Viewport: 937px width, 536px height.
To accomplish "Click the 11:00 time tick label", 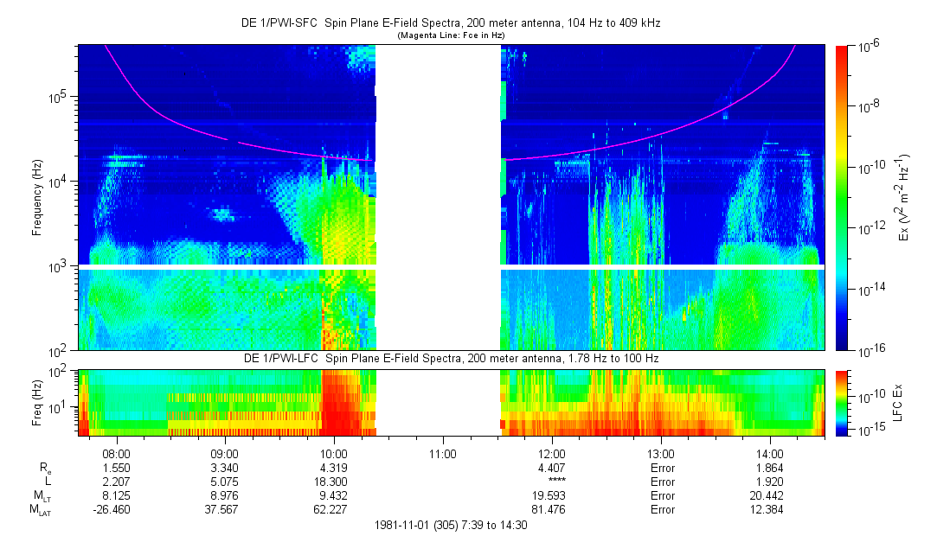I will coord(443,452).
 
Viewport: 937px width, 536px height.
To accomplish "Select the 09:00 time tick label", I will coord(225,452).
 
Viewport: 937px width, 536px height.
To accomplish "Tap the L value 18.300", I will coord(334,482).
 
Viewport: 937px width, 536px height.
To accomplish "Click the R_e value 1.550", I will coord(116,467).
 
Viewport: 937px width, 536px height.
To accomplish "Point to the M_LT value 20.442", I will coord(770,496).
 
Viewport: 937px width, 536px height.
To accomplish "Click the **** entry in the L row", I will coord(552,482).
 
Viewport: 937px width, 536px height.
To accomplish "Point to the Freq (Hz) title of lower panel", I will coord(37,402).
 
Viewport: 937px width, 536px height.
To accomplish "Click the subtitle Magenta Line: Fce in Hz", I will coord(451,35).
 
